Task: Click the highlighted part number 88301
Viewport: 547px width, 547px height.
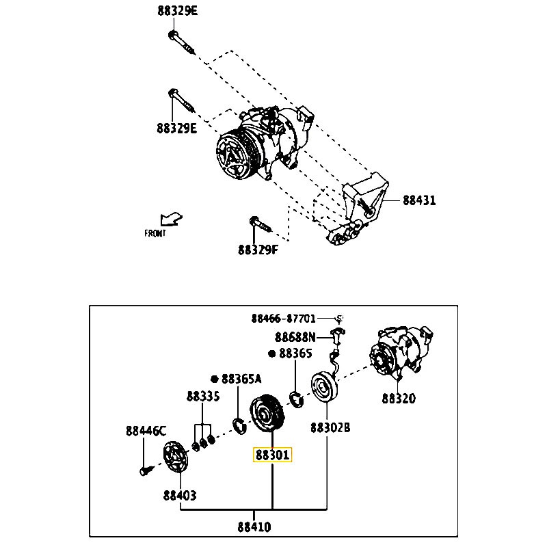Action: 272,455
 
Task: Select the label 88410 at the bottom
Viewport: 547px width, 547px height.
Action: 254,527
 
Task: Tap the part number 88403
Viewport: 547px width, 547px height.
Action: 180,494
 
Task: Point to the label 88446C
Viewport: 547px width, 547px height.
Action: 146,431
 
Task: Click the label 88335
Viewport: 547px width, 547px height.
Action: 203,397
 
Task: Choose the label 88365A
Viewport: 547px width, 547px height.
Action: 241,379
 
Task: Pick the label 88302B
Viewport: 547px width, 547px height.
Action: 330,428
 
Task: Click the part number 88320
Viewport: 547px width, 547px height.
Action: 399,398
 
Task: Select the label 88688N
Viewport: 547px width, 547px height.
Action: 295,336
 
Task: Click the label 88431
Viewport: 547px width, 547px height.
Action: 419,200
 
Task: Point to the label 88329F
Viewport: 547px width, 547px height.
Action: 258,250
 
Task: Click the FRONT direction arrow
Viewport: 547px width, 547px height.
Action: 170,219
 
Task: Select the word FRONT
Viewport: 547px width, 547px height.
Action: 155,233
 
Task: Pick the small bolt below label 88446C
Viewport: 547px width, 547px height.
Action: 144,470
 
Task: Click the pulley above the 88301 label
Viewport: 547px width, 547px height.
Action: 267,414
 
